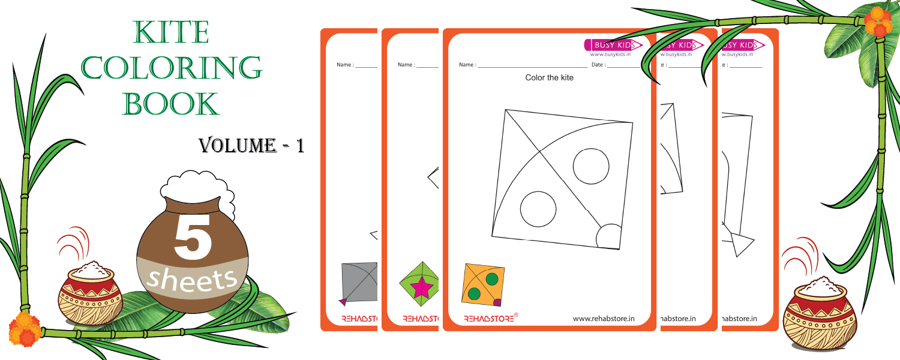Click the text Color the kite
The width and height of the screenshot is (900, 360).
coord(549,78)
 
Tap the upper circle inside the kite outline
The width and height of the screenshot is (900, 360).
coord(592,164)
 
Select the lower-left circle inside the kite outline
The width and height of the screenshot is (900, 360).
coord(538,208)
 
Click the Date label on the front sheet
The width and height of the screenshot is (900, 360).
coord(598,65)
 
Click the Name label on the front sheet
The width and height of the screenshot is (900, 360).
coord(466,65)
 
